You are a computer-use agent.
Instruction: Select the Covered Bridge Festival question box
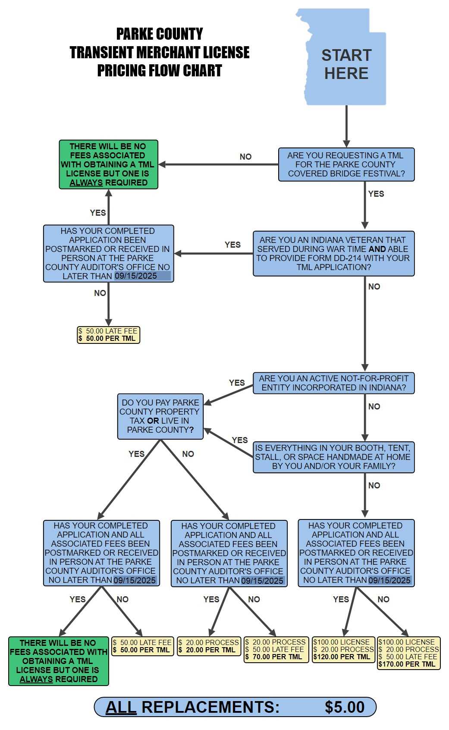tap(346, 164)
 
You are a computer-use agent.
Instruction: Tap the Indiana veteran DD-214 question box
tap(333, 253)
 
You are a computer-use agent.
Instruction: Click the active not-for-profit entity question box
tap(333, 383)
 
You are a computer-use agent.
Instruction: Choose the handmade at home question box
tap(333, 457)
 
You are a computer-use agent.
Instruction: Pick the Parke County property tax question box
tap(160, 416)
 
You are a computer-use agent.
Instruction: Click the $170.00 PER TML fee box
tap(408, 653)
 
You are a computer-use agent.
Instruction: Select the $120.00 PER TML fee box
tap(343, 650)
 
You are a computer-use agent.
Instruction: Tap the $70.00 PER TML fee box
tap(276, 650)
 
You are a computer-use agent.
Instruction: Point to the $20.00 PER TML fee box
tap(209, 646)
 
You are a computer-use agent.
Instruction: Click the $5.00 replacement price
tap(344, 707)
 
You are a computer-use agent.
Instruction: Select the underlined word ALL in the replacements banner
tap(121, 707)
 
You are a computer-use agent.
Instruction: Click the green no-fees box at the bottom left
tap(59, 661)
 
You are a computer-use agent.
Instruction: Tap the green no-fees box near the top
tap(108, 164)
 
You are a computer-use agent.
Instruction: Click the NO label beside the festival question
tap(245, 157)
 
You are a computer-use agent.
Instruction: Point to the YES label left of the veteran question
tap(232, 245)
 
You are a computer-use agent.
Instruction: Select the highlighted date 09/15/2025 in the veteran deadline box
tap(136, 276)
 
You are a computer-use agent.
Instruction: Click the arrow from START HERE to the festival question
tap(346, 126)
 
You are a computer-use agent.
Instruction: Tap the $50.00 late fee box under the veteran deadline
tap(108, 335)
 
